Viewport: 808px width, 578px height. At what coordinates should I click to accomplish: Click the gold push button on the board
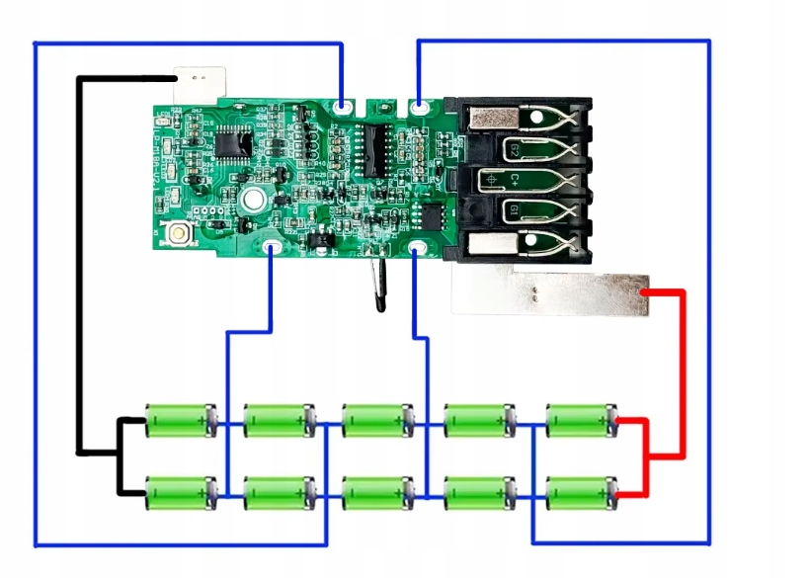click(181, 235)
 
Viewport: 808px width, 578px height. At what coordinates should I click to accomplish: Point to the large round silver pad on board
click(251, 200)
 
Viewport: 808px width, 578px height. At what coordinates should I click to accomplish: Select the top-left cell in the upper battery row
click(180, 420)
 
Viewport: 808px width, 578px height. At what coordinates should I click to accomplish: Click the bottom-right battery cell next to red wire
click(581, 491)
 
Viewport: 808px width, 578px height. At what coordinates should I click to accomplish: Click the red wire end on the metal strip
click(644, 294)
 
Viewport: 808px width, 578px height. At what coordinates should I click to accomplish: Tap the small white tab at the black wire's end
click(201, 78)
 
